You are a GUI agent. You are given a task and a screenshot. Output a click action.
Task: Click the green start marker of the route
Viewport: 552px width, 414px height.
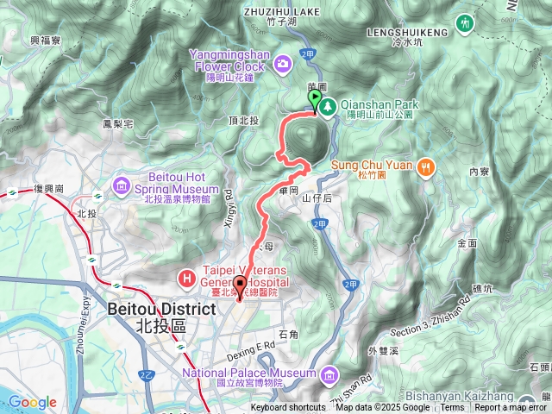[313, 100]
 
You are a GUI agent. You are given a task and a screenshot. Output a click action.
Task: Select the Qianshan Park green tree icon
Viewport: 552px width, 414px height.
[328, 105]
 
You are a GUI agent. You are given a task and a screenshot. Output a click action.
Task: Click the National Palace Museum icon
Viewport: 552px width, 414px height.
[329, 373]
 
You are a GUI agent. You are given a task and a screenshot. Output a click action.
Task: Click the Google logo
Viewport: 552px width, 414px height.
[33, 402]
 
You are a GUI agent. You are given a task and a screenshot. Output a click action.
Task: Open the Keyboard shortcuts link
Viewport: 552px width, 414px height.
[288, 408]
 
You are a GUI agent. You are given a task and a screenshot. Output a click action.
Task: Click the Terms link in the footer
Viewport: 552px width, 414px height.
[452, 408]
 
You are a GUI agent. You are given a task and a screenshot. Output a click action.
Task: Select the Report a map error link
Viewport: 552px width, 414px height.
[511, 408]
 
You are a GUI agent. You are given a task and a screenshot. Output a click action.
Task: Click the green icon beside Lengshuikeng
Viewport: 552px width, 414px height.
[467, 21]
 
